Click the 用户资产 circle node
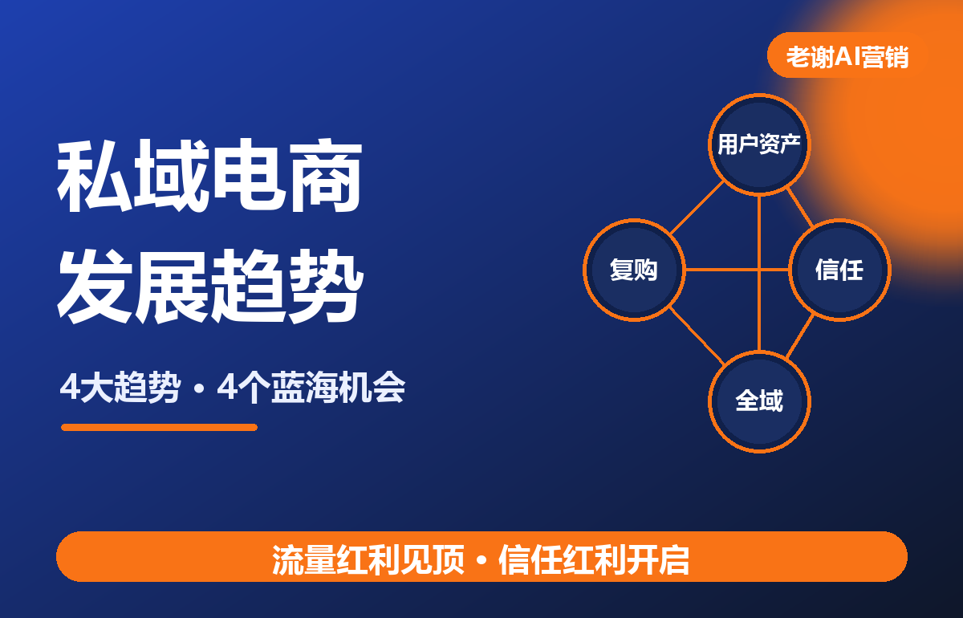tap(759, 144)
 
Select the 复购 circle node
tap(634, 270)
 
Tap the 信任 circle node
tap(839, 270)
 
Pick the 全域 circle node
tap(759, 401)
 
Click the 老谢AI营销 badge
tap(847, 55)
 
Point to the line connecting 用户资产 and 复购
tap(697, 208)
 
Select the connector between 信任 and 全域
tap(799, 336)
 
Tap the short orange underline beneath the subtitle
tap(159, 427)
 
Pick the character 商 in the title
tap(326, 176)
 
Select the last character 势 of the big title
tap(326, 286)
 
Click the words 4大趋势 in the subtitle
tap(119, 387)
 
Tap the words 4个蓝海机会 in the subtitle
tap(311, 387)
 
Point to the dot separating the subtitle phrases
tap(198, 388)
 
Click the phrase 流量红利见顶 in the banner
tap(368, 559)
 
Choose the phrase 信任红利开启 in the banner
tap(594, 559)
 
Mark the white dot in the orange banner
tap(481, 561)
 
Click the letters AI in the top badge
tap(847, 57)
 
